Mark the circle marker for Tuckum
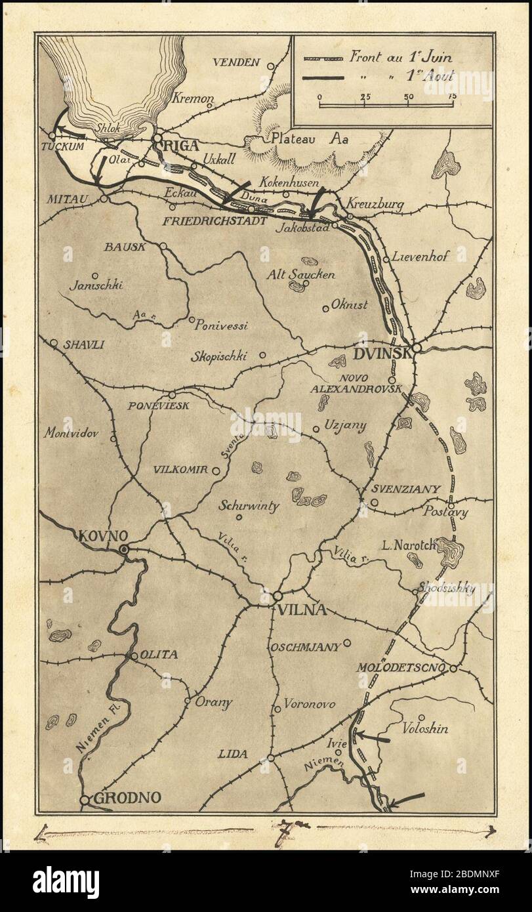point(52,136)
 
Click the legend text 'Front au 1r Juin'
point(401,56)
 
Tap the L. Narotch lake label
point(408,544)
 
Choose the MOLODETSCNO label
point(401,668)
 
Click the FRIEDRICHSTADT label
point(215,221)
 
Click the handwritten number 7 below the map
point(286,829)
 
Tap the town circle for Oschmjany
point(348,643)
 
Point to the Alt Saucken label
point(302,275)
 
